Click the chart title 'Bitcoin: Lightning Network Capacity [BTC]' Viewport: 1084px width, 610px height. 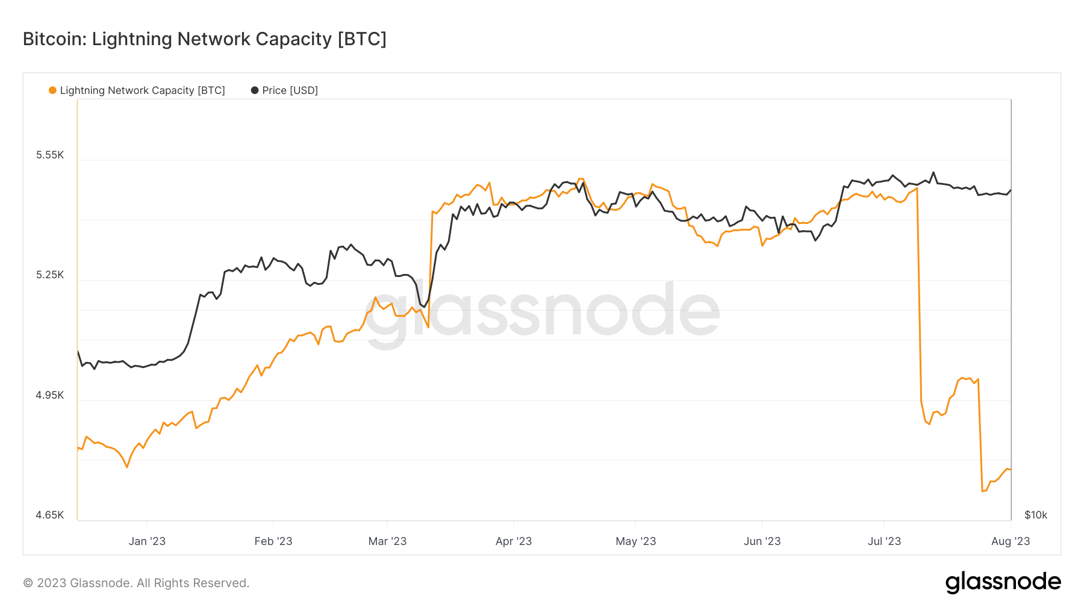pos(204,39)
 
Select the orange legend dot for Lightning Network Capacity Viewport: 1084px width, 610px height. pos(52,90)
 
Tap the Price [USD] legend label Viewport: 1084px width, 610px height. pos(290,90)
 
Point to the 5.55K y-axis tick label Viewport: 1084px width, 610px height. pos(50,155)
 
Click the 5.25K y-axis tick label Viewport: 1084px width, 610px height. pos(50,275)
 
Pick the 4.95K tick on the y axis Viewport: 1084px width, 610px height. pos(50,395)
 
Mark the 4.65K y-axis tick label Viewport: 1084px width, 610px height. pos(50,515)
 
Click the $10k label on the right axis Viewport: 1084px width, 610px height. pos(1035,515)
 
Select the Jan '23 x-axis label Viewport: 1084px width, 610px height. pos(147,541)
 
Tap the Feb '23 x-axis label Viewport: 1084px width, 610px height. pos(273,541)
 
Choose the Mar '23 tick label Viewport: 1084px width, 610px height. pos(387,541)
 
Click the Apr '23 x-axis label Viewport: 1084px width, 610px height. pos(513,541)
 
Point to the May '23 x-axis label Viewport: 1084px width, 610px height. pos(635,541)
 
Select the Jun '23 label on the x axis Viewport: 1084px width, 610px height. pos(762,541)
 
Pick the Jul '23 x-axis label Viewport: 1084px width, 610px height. pos(883,541)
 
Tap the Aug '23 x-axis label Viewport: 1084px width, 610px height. pos(1010,541)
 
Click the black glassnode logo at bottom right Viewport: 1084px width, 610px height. pos(1003,582)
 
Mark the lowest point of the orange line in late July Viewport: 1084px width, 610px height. pos(983,491)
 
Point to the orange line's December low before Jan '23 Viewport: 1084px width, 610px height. pos(127,467)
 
